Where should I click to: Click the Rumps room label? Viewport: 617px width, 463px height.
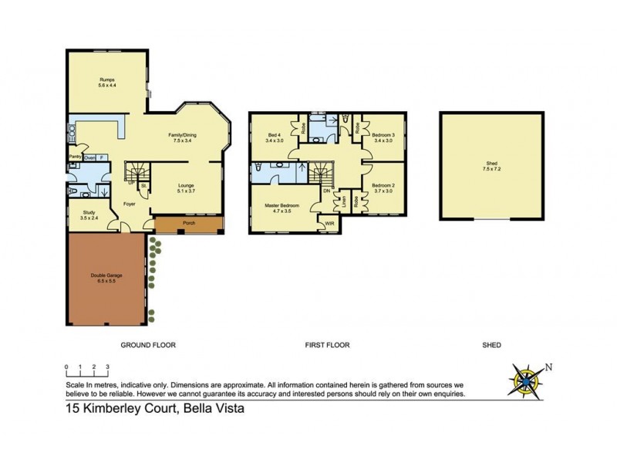(x=106, y=82)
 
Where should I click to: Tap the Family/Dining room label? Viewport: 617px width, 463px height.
(x=184, y=138)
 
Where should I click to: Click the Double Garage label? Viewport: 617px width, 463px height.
(x=106, y=279)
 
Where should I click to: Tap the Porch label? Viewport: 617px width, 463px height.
(x=188, y=224)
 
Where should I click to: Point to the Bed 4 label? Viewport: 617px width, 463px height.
(x=275, y=137)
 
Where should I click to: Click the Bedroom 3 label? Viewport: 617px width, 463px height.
(x=383, y=137)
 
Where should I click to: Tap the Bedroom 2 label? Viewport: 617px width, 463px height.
(x=383, y=188)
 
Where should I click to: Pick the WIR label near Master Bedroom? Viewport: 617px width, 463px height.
(x=329, y=225)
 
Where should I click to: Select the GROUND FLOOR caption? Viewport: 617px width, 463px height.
(x=149, y=345)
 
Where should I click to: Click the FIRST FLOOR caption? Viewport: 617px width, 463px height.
(x=328, y=345)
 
